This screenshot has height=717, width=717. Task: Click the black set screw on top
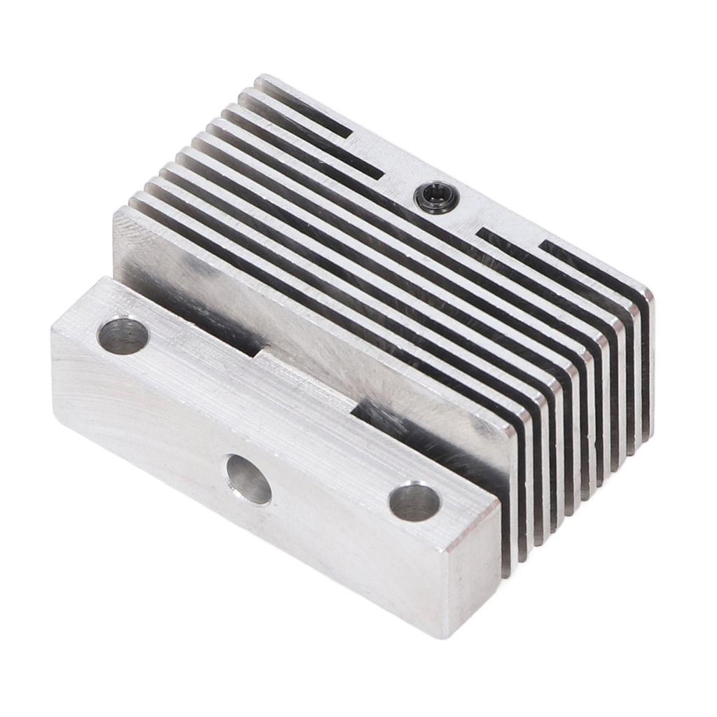point(436,197)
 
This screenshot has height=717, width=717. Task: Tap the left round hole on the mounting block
point(123,335)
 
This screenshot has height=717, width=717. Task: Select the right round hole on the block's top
point(414,501)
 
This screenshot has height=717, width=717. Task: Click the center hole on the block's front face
point(248,479)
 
